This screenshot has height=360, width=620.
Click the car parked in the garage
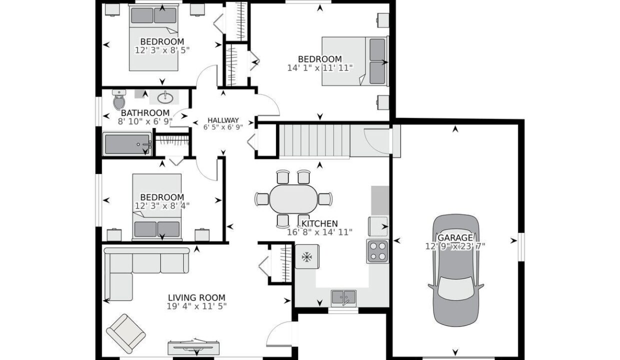click(456, 270)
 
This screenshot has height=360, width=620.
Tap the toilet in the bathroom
click(119, 99)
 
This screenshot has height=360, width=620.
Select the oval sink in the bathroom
click(165, 97)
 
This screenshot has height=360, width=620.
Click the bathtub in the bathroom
click(127, 144)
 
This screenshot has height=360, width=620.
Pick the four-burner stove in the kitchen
click(377, 251)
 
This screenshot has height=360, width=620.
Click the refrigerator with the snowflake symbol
click(307, 257)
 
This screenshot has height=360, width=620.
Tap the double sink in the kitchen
click(344, 298)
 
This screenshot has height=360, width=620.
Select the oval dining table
click(293, 198)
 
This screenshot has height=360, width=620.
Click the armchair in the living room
click(126, 333)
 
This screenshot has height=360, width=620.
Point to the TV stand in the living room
click(194, 348)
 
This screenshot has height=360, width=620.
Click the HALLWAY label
click(223, 120)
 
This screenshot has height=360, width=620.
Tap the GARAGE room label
click(455, 237)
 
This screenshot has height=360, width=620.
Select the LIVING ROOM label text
click(197, 297)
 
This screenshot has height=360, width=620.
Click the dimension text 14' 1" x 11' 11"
click(320, 68)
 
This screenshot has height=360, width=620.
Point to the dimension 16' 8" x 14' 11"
click(319, 232)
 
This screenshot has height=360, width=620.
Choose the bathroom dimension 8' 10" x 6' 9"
click(145, 121)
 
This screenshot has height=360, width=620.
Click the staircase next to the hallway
click(314, 141)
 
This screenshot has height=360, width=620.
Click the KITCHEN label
click(319, 223)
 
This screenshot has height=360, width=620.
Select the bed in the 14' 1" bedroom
click(355, 61)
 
